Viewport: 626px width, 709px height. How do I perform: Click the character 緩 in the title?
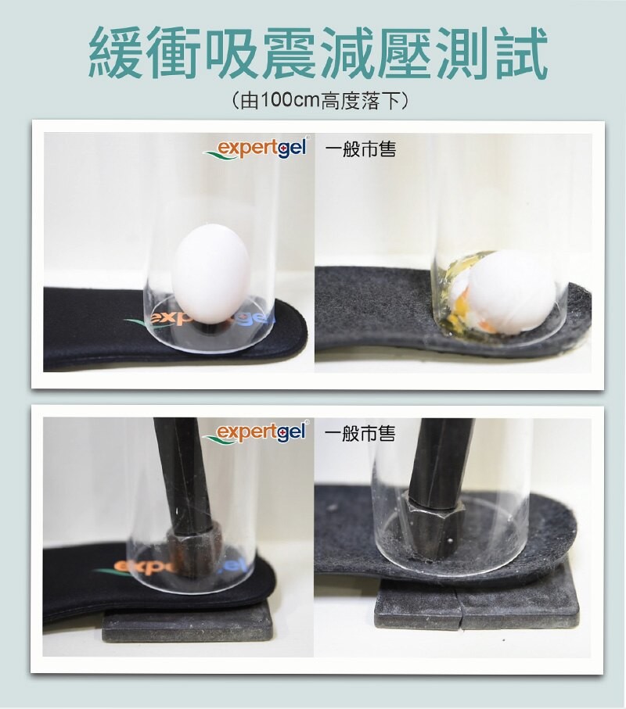click(x=117, y=54)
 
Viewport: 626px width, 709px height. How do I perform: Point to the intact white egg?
click(x=209, y=275)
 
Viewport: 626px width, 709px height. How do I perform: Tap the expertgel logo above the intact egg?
click(x=258, y=149)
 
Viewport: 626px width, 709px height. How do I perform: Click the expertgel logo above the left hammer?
click(x=258, y=432)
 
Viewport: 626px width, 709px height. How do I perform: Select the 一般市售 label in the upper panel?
click(x=359, y=149)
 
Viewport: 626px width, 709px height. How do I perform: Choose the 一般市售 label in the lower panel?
click(x=359, y=433)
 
